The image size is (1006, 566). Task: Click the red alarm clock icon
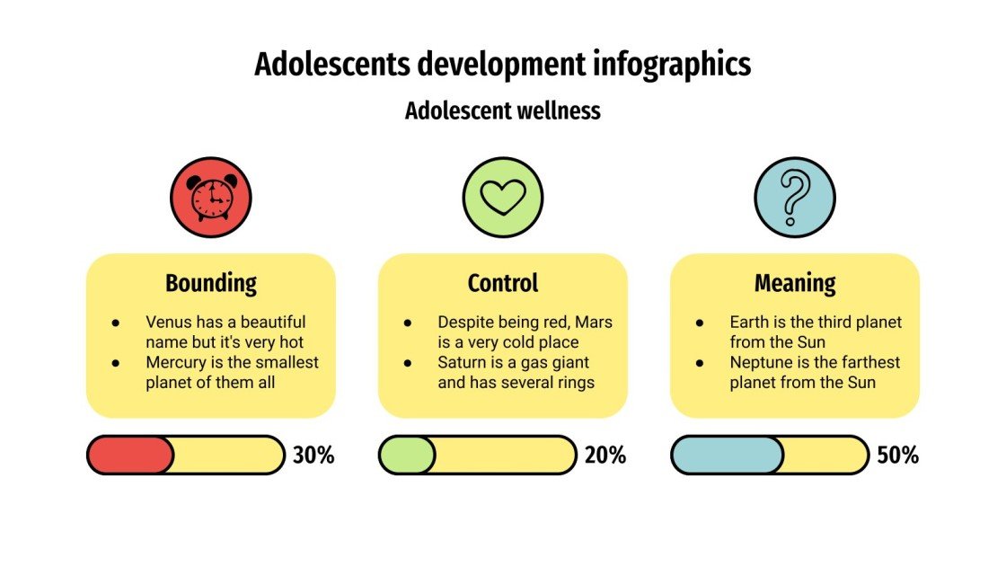pyautogui.click(x=211, y=197)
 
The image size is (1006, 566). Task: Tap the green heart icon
pyautogui.click(x=503, y=197)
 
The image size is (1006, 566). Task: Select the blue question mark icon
pyautogui.click(x=795, y=197)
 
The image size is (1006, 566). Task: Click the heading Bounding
pyautogui.click(x=211, y=284)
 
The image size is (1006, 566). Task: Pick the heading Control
pyautogui.click(x=503, y=284)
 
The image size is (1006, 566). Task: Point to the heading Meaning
pyautogui.click(x=795, y=284)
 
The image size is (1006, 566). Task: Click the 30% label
pyautogui.click(x=313, y=455)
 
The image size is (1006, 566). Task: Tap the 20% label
pyautogui.click(x=605, y=455)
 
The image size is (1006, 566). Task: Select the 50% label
pyautogui.click(x=897, y=455)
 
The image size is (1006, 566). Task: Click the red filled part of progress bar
pyautogui.click(x=129, y=455)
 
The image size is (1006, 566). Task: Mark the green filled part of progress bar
pyautogui.click(x=407, y=455)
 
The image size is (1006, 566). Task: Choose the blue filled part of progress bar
pyautogui.click(x=727, y=455)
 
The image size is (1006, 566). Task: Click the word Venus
pyautogui.click(x=167, y=322)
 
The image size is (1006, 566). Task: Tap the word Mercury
pyautogui.click(x=176, y=363)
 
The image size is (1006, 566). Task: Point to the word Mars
pyautogui.click(x=595, y=322)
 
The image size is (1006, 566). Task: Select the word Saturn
pyautogui.click(x=462, y=363)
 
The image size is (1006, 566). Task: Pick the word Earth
pyautogui.click(x=749, y=322)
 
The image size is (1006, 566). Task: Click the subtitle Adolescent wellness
pyautogui.click(x=503, y=111)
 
